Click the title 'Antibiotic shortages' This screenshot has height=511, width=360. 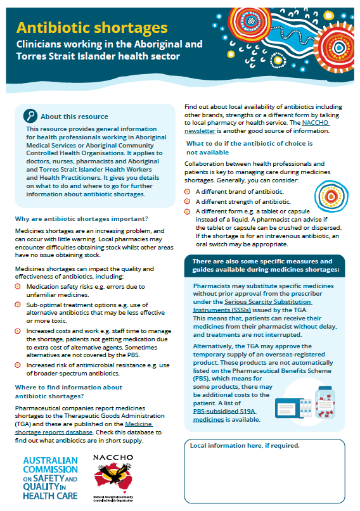92,28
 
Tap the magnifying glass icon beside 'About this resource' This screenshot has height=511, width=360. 30,115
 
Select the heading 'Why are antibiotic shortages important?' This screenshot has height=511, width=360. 80,219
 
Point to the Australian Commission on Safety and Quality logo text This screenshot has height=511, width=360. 50,477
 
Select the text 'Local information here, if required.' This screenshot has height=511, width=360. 245,445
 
